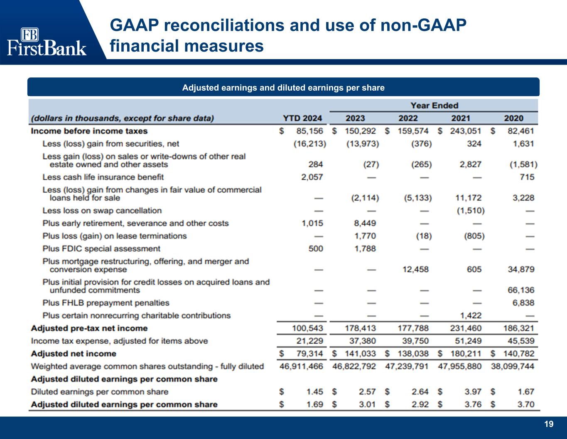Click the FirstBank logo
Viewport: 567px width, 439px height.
pyautogui.click(x=47, y=42)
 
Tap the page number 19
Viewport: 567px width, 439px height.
pyautogui.click(x=549, y=424)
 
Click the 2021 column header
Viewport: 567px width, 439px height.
pyautogui.click(x=460, y=118)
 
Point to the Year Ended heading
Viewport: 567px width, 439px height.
pyautogui.click(x=434, y=105)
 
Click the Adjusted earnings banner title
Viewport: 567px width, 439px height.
pyautogui.click(x=283, y=87)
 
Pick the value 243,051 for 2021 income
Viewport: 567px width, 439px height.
pyautogui.click(x=465, y=131)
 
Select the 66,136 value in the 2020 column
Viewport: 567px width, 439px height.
pyautogui.click(x=521, y=290)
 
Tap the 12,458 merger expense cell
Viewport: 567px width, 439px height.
pyautogui.click(x=415, y=269)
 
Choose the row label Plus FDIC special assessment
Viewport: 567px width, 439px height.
pyautogui.click(x=101, y=249)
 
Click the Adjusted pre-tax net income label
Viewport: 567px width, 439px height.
pyautogui.click(x=89, y=328)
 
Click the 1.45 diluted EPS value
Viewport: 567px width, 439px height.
pyautogui.click(x=314, y=392)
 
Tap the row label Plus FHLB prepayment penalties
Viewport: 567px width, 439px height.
pyautogui.click(x=106, y=303)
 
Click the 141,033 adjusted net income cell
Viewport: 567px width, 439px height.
pyautogui.click(x=360, y=354)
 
